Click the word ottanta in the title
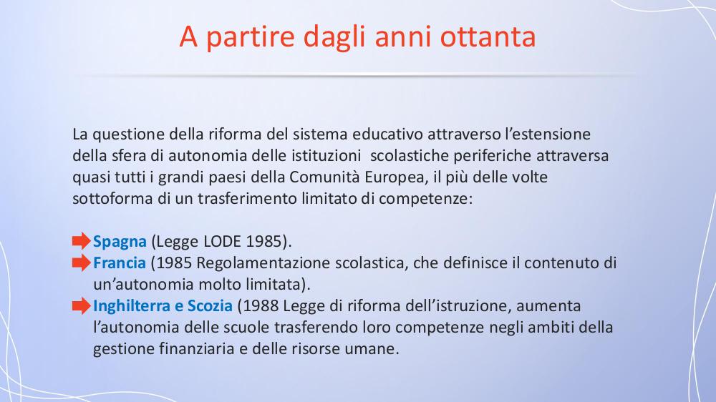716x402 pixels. coord(488,36)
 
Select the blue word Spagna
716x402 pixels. coord(120,242)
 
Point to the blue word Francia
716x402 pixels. coord(119,263)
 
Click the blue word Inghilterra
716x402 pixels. coord(132,306)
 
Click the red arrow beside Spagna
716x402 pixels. coord(82,241)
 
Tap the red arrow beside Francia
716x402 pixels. coord(82,263)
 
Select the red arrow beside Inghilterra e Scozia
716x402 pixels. coord(82,305)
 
